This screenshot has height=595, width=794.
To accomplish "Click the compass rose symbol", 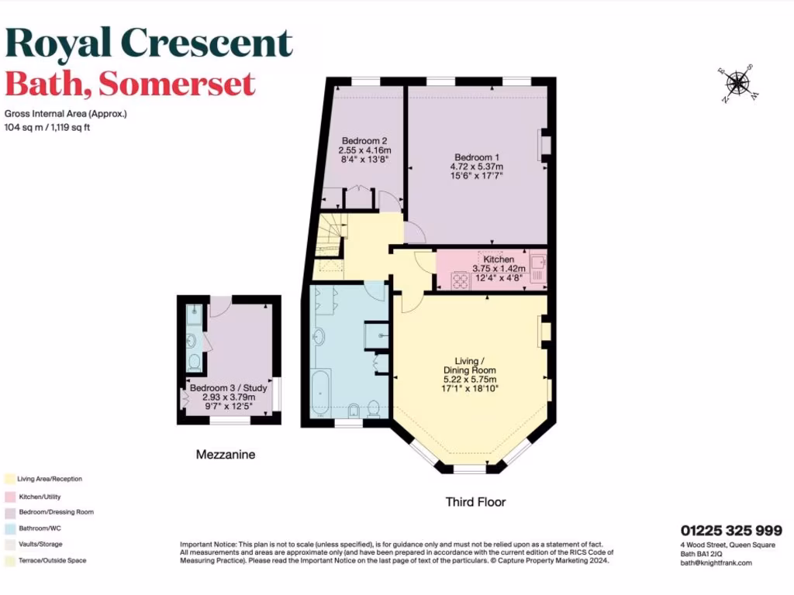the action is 739,83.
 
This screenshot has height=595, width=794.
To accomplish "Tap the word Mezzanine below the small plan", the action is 226,454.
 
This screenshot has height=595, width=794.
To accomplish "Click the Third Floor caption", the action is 475,502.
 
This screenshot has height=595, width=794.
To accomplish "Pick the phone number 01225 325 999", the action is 731,531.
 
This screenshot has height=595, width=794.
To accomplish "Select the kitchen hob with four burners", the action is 461,281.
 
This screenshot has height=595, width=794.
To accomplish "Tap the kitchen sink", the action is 538,263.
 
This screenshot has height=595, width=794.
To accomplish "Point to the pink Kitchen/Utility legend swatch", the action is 10,497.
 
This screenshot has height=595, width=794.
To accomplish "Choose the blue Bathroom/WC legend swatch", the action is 10,528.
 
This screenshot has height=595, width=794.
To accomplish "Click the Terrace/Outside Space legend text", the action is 52,561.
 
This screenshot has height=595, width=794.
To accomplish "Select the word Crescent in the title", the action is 207,43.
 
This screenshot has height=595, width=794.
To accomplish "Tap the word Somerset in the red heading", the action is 177,84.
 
